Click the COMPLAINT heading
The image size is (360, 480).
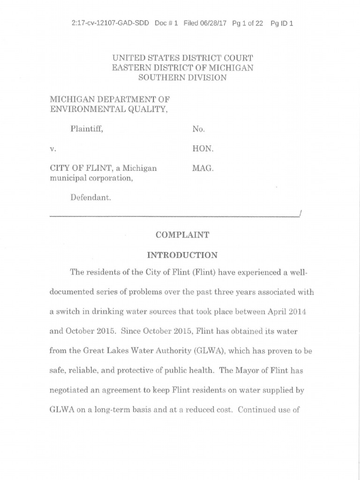182,235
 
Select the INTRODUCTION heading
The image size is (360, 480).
182,255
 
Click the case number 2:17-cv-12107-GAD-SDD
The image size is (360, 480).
110,23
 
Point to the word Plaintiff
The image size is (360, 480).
86,129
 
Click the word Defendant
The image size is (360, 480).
90,198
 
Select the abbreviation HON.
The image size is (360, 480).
202,149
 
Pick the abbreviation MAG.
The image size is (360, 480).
202,168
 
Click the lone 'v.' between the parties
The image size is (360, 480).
52,149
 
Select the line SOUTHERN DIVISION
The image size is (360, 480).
182,78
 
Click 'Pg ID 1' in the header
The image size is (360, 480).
282,23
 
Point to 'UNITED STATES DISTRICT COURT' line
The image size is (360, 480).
182,58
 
